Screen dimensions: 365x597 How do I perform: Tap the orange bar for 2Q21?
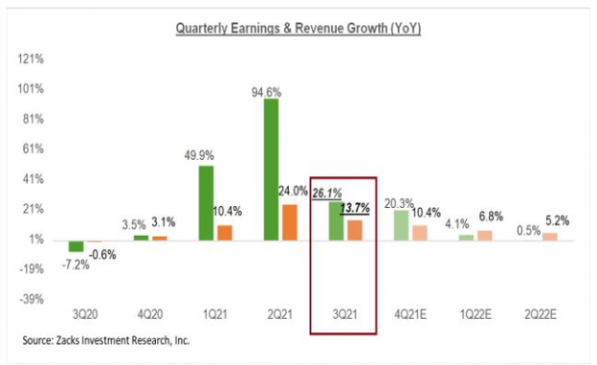click(x=289, y=222)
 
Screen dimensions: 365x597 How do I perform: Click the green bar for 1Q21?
click(x=205, y=202)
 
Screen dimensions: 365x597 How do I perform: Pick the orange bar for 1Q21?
click(x=224, y=232)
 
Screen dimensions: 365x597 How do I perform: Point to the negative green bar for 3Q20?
click(x=75, y=246)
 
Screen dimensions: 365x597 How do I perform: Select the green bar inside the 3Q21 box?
click(x=334, y=221)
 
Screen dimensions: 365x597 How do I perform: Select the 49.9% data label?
click(x=200, y=157)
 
